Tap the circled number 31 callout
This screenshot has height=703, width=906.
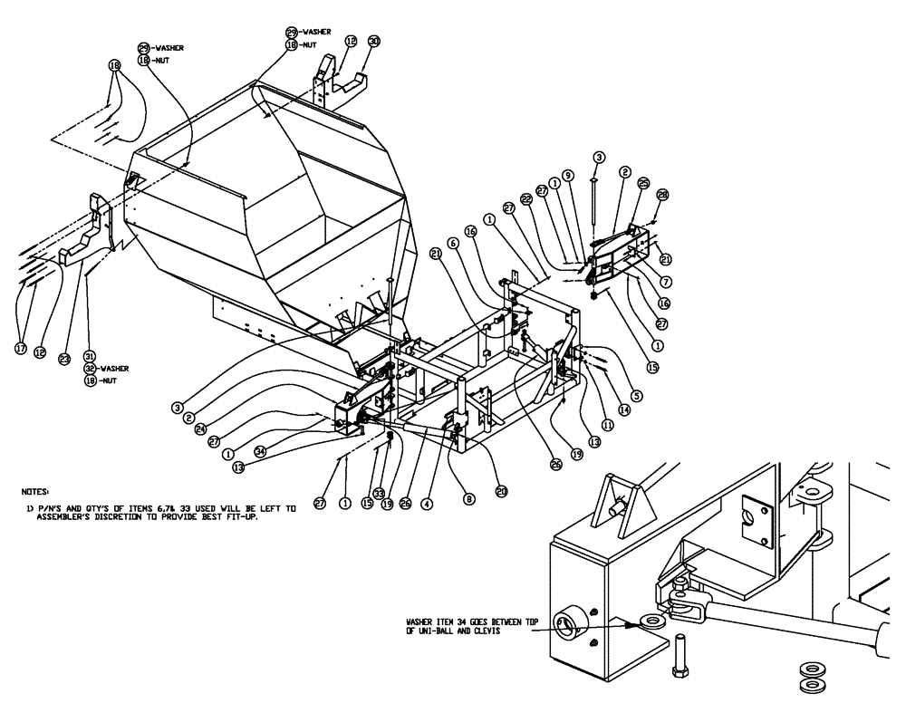(x=89, y=355)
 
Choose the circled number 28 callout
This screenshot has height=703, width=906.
(x=662, y=194)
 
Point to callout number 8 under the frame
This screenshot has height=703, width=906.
(x=469, y=496)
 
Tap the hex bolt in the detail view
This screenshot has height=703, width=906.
(x=681, y=655)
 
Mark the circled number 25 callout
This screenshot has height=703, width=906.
(x=643, y=181)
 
